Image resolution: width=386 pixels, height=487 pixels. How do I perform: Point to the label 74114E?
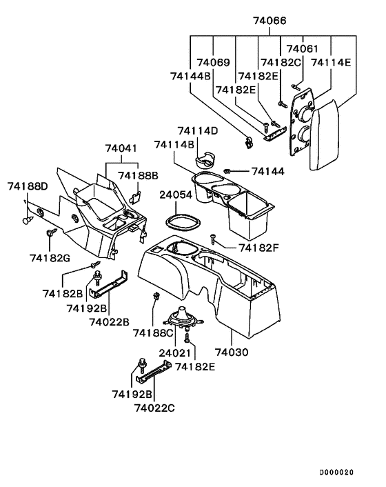click(331, 63)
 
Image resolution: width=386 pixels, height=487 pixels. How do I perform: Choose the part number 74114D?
click(197, 131)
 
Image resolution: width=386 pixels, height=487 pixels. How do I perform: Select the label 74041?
click(121, 148)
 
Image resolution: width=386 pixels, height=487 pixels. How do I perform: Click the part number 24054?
click(176, 195)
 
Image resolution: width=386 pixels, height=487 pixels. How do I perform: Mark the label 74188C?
click(152, 333)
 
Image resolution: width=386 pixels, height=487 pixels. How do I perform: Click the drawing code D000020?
click(336, 473)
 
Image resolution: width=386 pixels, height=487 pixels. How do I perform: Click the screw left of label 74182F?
click(215, 239)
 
